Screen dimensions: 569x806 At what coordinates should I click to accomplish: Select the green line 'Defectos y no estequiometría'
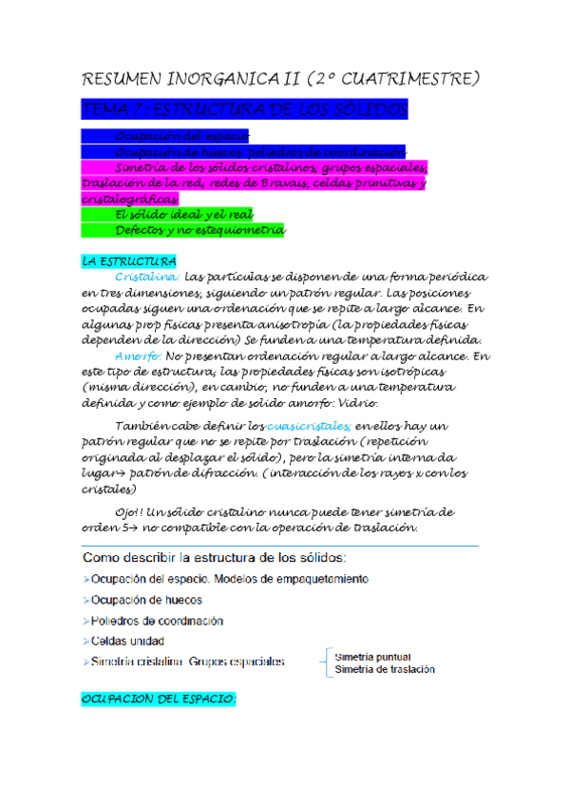click(199, 231)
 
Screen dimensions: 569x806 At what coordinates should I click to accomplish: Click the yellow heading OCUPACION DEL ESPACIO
click(159, 699)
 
